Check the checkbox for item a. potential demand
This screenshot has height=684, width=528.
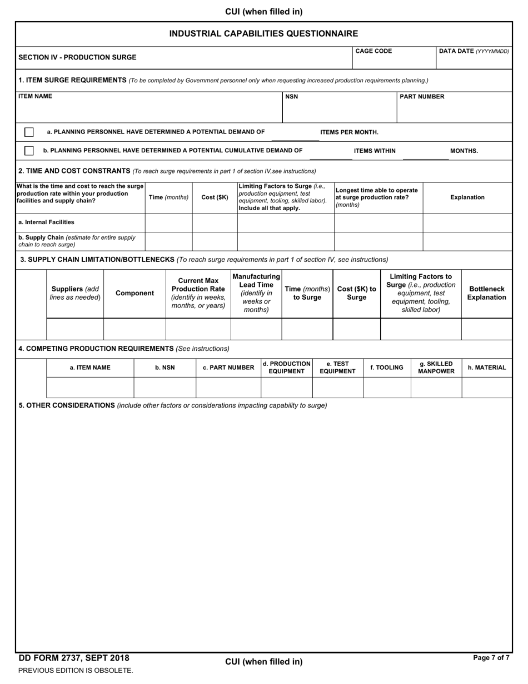pos(29,132)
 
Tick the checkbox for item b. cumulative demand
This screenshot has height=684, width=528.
pos(29,151)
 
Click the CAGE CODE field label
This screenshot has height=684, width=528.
pos(373,51)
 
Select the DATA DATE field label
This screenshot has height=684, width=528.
pos(474,51)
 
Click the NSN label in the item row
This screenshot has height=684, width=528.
pos(291,97)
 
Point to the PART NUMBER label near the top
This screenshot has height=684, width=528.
pos(422,97)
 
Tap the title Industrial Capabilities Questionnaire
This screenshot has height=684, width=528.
pos(263,34)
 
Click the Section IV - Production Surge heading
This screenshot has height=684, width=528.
pos(77,57)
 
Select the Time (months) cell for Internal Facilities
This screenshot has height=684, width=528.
pos(168,222)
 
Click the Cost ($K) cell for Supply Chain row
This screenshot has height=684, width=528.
pos(215,241)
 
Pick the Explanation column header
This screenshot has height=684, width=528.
pos(467,197)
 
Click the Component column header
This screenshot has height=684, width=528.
pos(135,293)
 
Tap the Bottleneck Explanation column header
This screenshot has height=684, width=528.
pos(486,293)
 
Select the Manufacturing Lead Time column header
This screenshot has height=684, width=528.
pos(256,293)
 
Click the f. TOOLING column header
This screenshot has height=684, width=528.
pos(387,368)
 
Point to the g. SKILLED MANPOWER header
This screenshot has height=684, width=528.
pos(436,368)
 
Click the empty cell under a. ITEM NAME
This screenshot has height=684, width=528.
pos(90,388)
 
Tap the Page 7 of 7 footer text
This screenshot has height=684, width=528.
pos(491,658)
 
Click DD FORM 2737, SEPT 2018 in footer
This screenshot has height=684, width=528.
pos(74,658)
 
